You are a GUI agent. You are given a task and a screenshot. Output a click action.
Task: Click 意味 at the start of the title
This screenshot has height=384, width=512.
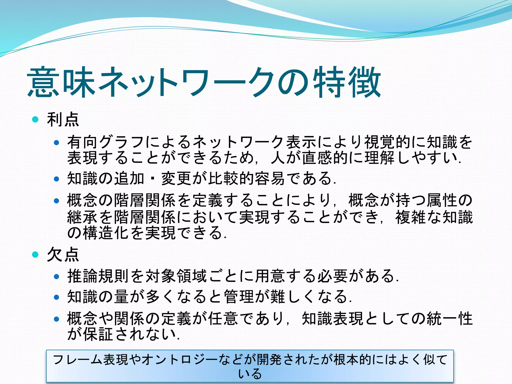[x=61, y=82]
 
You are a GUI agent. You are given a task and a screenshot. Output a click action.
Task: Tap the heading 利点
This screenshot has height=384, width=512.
[x=63, y=120]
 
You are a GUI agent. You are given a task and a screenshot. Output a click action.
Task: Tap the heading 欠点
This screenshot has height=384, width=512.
[x=63, y=255]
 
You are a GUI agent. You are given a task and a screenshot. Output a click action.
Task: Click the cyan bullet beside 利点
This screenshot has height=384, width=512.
[x=35, y=119]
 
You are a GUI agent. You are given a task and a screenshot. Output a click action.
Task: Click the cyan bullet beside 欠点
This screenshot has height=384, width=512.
[x=35, y=254]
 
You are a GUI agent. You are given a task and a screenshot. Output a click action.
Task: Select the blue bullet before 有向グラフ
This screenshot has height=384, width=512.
[x=56, y=142]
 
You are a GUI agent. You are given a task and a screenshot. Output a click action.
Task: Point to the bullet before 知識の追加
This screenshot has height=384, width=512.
[x=56, y=179]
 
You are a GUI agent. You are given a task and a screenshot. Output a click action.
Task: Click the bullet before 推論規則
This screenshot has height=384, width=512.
[x=56, y=276]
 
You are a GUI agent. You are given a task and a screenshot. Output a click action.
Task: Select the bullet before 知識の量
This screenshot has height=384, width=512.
[x=56, y=297]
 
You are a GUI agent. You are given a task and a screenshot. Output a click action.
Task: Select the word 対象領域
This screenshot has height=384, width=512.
[x=176, y=276]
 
